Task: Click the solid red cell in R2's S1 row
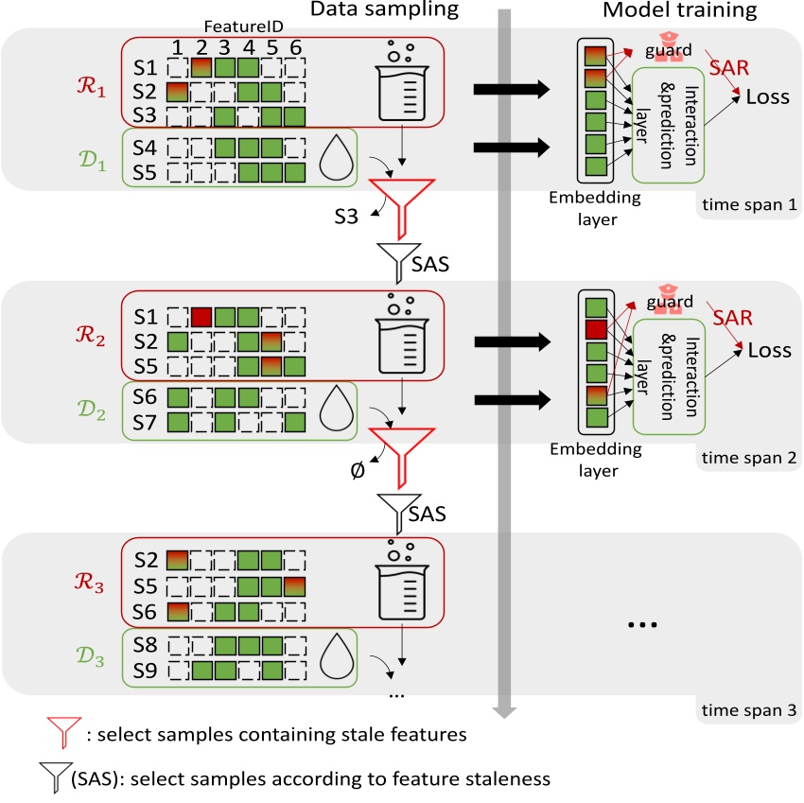[201, 316]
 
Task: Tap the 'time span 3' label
[747, 708]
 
